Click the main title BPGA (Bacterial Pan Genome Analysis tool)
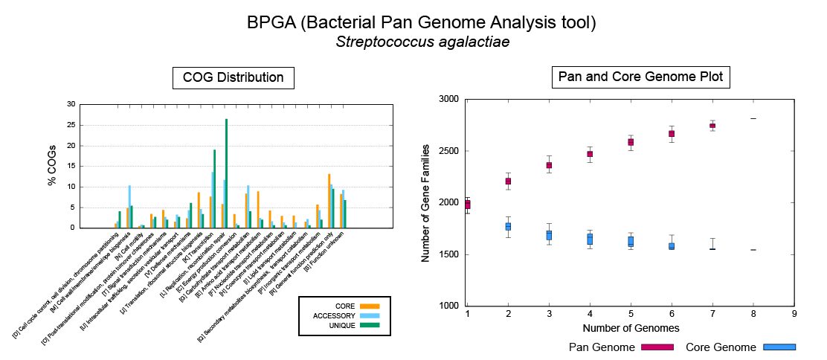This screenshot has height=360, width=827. click(422, 23)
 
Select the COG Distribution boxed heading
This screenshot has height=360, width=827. click(234, 77)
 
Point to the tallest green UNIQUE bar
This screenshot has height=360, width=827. click(226, 173)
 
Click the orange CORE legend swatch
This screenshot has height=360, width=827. click(369, 306)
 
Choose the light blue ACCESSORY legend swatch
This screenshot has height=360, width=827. click(369, 315)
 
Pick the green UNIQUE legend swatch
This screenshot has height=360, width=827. click(369, 325)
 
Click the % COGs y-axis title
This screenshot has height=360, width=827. click(53, 165)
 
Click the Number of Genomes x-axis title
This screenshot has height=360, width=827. click(631, 327)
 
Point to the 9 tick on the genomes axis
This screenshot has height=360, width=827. click(794, 315)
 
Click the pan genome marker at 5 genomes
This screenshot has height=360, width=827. click(631, 142)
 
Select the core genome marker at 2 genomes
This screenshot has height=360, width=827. click(508, 226)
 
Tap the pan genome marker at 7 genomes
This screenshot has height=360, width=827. click(712, 126)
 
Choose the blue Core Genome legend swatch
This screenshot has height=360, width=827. click(779, 347)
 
